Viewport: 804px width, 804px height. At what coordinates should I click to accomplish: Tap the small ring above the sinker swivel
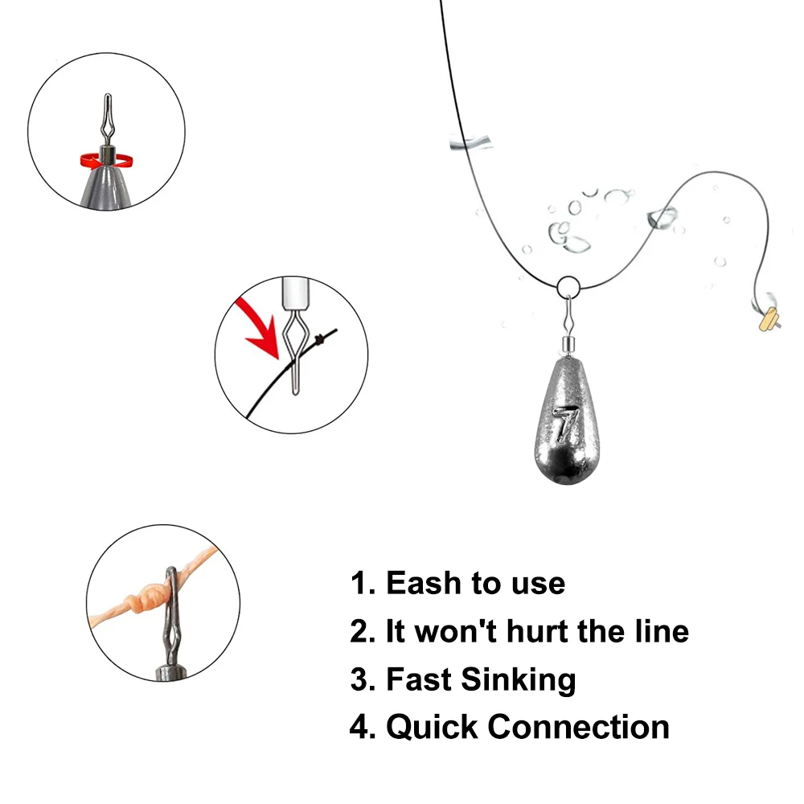coord(567,285)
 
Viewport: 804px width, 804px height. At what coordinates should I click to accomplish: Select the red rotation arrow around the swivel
coord(105,161)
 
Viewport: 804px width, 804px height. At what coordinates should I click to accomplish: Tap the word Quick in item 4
coord(432,728)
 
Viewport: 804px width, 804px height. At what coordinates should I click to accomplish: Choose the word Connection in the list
coord(579,728)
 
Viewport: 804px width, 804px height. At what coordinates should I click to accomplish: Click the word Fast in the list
coord(418,679)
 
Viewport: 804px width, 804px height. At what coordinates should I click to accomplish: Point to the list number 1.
coord(359,583)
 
